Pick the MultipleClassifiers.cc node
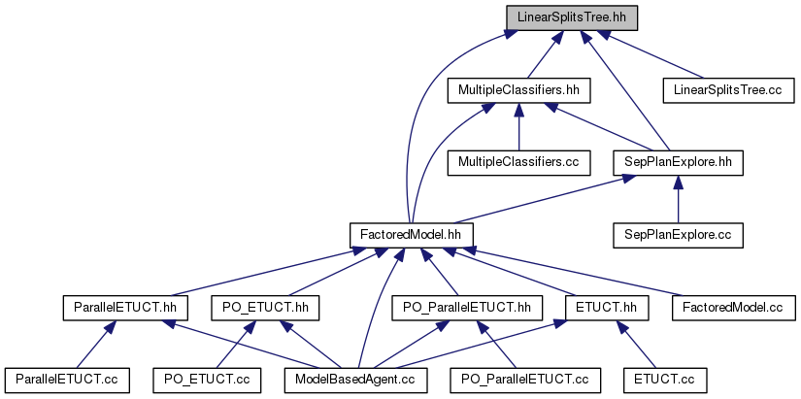pos(518,162)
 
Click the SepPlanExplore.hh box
pos(679,162)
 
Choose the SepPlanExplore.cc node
pos(679,234)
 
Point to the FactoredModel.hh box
pos(412,234)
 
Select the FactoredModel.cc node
pos(733,307)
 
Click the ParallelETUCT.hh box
pos(125,307)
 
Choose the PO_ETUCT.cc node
pos(208,379)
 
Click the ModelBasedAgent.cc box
pos(355,379)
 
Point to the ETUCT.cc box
pos(666,379)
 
